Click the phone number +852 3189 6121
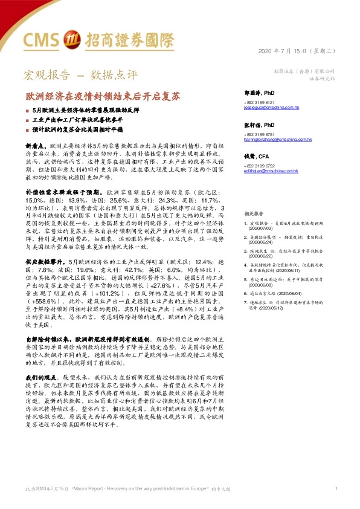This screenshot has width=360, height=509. coord(259,102)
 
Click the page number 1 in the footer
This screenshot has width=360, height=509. coord(336,488)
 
